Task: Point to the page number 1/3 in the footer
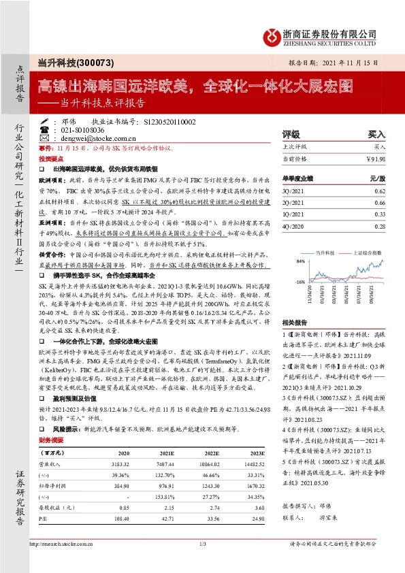click(202, 563)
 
